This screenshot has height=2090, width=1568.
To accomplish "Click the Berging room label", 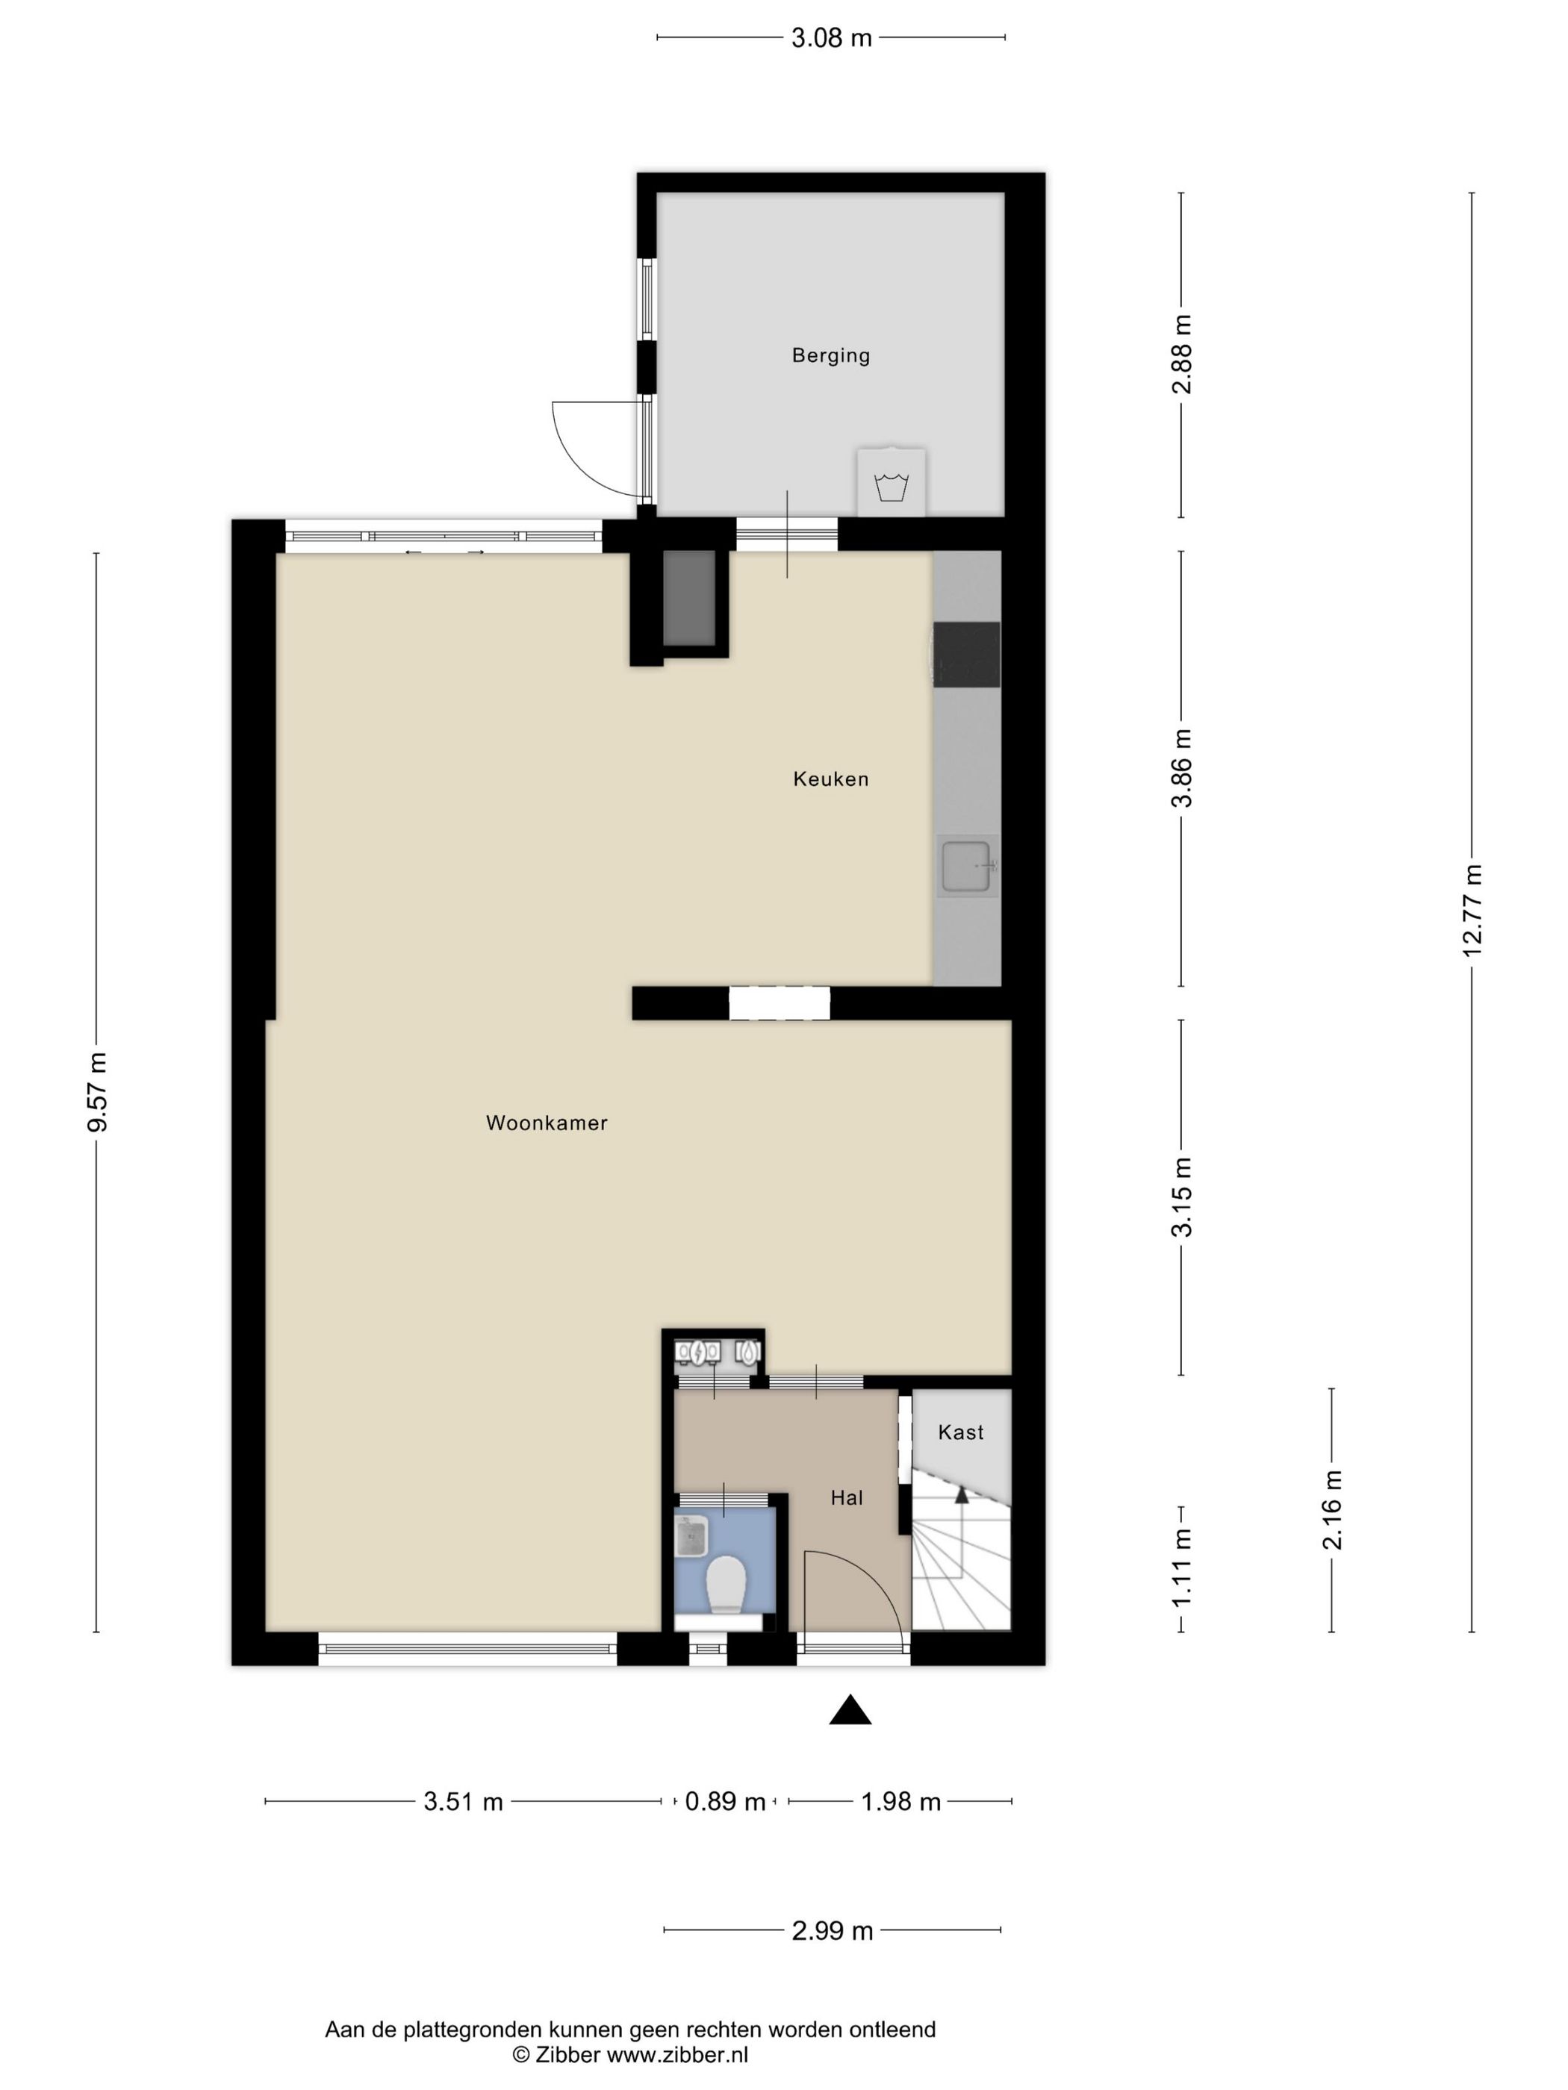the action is (x=830, y=355).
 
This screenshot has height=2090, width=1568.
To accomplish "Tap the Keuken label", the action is (x=830, y=779).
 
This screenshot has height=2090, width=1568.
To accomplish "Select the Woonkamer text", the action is (x=547, y=1123).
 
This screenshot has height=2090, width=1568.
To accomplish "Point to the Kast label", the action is (x=960, y=1432).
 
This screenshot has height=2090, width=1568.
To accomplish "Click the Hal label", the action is (x=847, y=1497).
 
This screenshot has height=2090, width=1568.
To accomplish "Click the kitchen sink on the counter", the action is (x=965, y=865).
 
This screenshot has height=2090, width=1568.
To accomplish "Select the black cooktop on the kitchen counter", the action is (x=966, y=654).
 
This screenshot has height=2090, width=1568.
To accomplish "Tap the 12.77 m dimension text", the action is (x=1472, y=910).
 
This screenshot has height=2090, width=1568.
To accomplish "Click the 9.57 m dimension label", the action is (x=96, y=1091).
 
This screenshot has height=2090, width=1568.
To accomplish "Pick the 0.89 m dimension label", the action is (x=725, y=1802).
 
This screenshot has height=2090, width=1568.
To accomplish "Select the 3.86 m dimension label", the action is (x=1181, y=767).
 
